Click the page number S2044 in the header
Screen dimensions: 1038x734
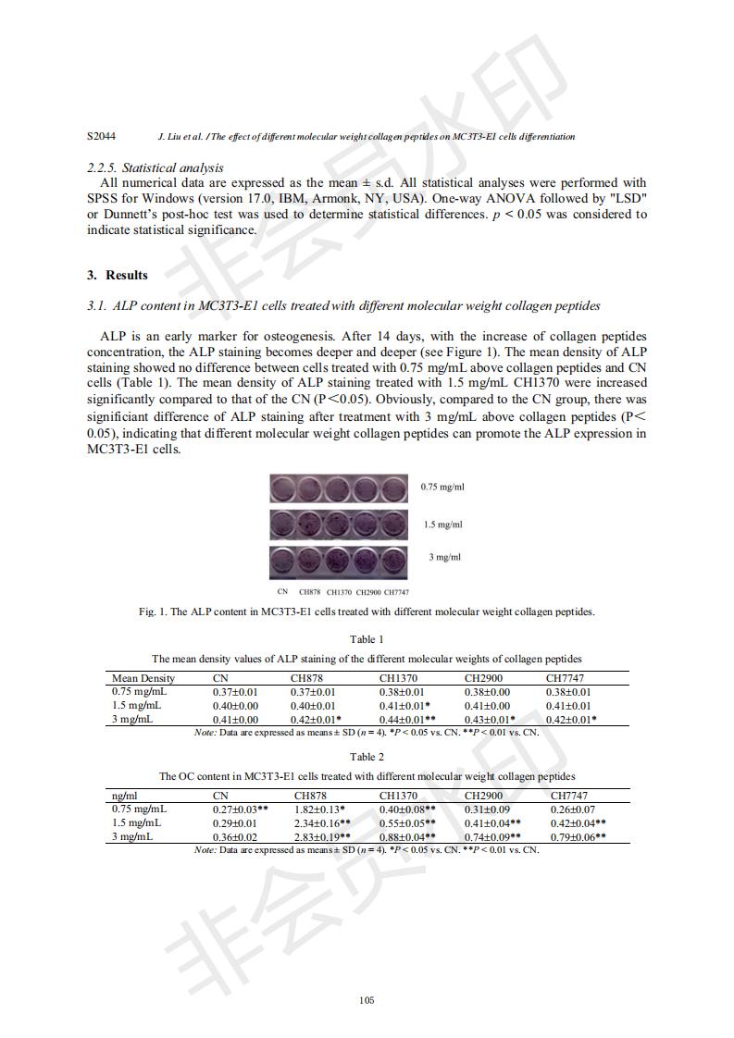click(x=101, y=136)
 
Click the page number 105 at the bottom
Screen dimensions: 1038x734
click(x=367, y=999)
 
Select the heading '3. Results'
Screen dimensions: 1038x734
click(x=118, y=275)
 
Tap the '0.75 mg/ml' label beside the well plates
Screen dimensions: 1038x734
click(x=442, y=487)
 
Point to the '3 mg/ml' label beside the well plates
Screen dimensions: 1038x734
click(x=444, y=557)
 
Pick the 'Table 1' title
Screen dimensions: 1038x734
click(x=367, y=639)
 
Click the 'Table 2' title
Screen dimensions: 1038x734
click(x=367, y=757)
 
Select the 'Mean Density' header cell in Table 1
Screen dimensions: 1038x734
click(x=143, y=678)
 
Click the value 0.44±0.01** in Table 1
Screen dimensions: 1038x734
click(x=407, y=719)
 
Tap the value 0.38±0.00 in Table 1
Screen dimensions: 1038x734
click(x=487, y=691)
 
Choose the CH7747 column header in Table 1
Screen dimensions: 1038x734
click(x=565, y=678)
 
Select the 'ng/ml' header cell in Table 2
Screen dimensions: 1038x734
click(x=125, y=796)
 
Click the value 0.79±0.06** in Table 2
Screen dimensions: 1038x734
click(x=578, y=836)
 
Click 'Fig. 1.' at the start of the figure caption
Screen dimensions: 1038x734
click(x=151, y=612)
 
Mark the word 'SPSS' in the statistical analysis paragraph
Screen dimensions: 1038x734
click(x=104, y=199)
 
